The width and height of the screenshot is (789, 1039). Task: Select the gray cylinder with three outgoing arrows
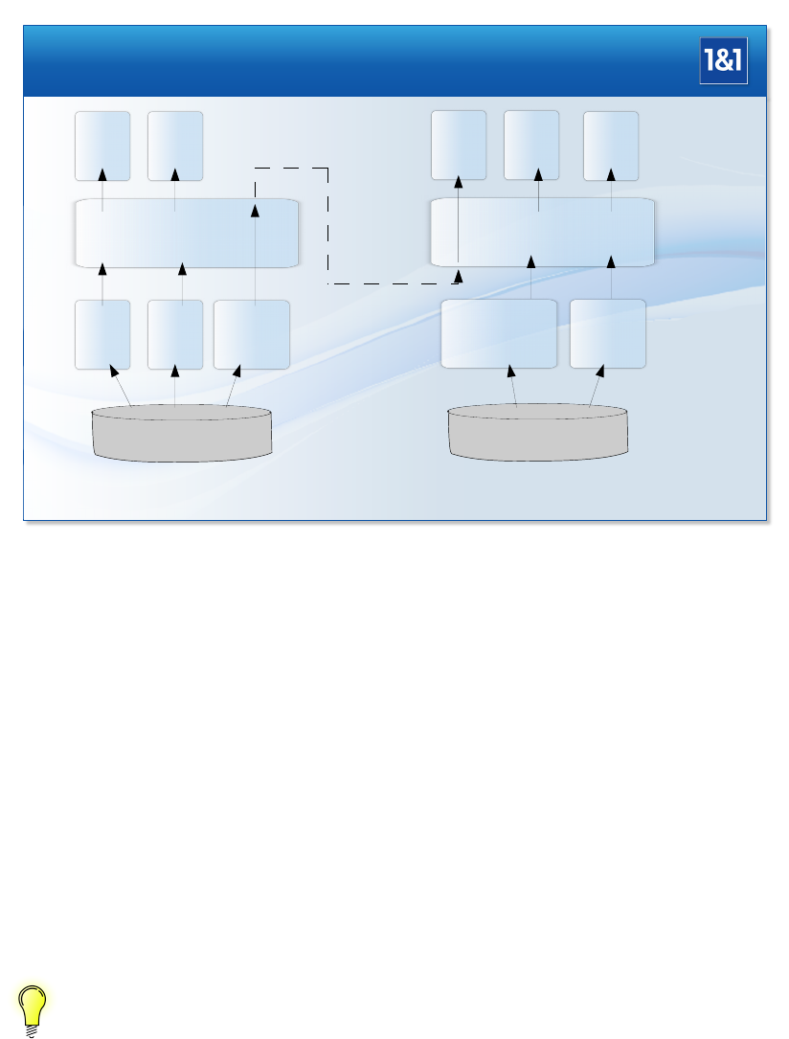(181, 435)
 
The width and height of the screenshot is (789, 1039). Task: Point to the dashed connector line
(328, 230)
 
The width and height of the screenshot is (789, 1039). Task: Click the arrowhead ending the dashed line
(458, 277)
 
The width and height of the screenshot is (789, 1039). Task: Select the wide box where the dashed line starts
(187, 233)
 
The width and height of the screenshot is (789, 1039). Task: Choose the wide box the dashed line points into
(543, 233)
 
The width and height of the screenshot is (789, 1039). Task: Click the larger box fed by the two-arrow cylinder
(498, 333)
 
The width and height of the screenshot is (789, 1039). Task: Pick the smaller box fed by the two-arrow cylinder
(608, 333)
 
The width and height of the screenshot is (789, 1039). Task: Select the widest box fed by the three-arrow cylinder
(252, 334)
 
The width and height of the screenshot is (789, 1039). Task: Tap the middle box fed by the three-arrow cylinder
(175, 334)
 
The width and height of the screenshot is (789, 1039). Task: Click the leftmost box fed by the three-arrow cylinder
(102, 334)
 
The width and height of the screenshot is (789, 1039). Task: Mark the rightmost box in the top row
(611, 146)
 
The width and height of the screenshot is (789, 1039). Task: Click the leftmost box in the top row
(102, 146)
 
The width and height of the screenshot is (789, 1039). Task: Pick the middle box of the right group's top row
(531, 146)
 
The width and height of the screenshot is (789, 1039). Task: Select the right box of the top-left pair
(175, 146)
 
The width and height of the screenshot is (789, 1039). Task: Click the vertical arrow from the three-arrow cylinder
(175, 388)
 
